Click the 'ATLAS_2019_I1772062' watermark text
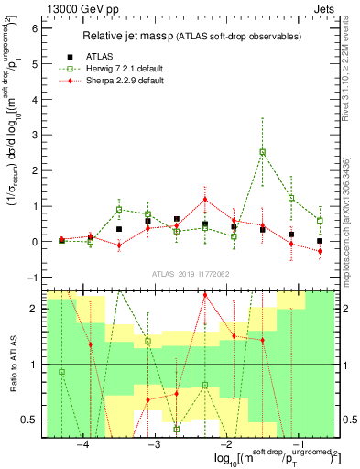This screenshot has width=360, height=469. (189, 273)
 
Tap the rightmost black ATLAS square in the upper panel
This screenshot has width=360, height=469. (320, 241)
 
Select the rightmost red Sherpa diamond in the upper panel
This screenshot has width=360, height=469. (320, 251)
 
